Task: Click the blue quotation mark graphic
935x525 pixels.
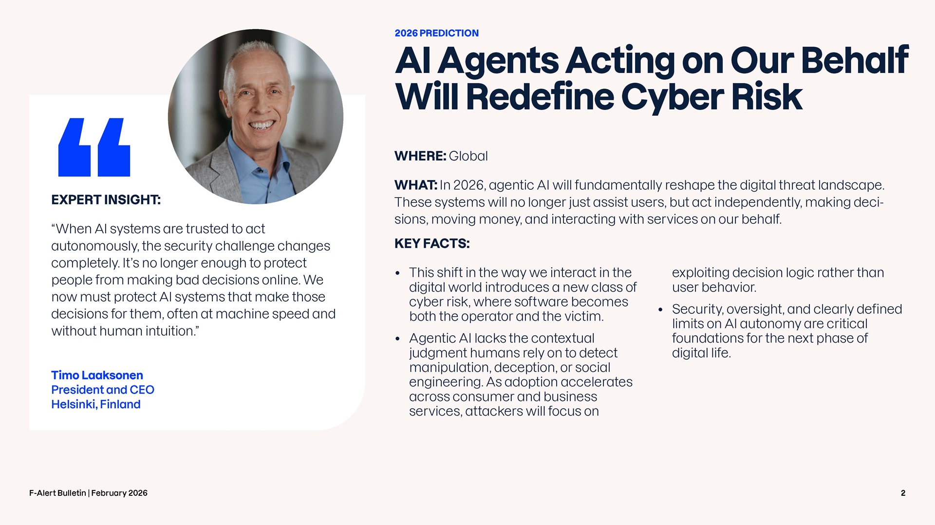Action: [94, 147]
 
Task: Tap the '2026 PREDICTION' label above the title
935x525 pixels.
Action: [436, 33]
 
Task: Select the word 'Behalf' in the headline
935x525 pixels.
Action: [854, 60]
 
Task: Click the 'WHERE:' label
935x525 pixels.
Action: [420, 156]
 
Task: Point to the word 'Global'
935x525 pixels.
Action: [468, 156]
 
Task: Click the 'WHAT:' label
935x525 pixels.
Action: [416, 185]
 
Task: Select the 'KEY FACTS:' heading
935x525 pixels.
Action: [432, 243]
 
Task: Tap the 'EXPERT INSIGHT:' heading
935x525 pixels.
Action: [106, 200]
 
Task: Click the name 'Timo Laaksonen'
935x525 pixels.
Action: [97, 375]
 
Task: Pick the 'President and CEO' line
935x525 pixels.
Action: [103, 390]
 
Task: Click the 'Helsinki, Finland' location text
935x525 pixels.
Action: [96, 404]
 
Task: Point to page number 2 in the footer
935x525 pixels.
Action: [903, 493]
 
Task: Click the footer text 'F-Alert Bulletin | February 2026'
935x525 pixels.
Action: [88, 493]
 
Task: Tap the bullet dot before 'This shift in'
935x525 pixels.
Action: [398, 273]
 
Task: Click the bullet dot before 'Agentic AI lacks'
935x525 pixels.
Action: [398, 339]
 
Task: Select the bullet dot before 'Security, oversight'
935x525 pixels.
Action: [661, 309]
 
